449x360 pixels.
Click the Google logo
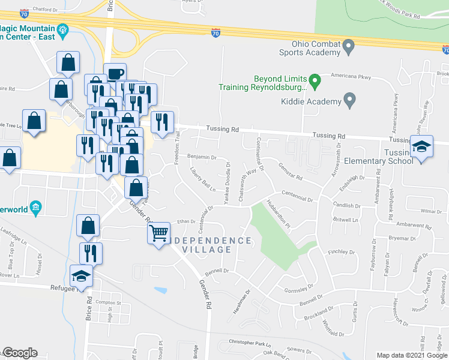click(20, 353)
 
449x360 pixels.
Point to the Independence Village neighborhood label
click(208, 245)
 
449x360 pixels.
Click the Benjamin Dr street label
click(202, 158)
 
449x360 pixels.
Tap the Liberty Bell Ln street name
click(203, 182)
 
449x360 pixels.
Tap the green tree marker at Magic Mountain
click(62, 29)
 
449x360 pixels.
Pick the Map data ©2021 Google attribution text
click(411, 355)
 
